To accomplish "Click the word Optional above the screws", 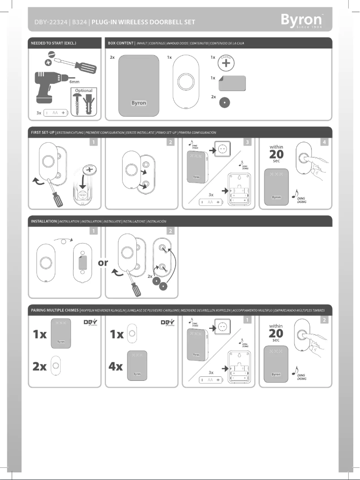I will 84,91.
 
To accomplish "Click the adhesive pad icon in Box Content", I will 233,83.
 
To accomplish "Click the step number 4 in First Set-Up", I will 325,142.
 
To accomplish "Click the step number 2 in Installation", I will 170,231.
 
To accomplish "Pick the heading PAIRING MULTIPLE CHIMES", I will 54,310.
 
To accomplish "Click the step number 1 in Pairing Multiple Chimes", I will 247,320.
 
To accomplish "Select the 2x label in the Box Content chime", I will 112,58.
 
